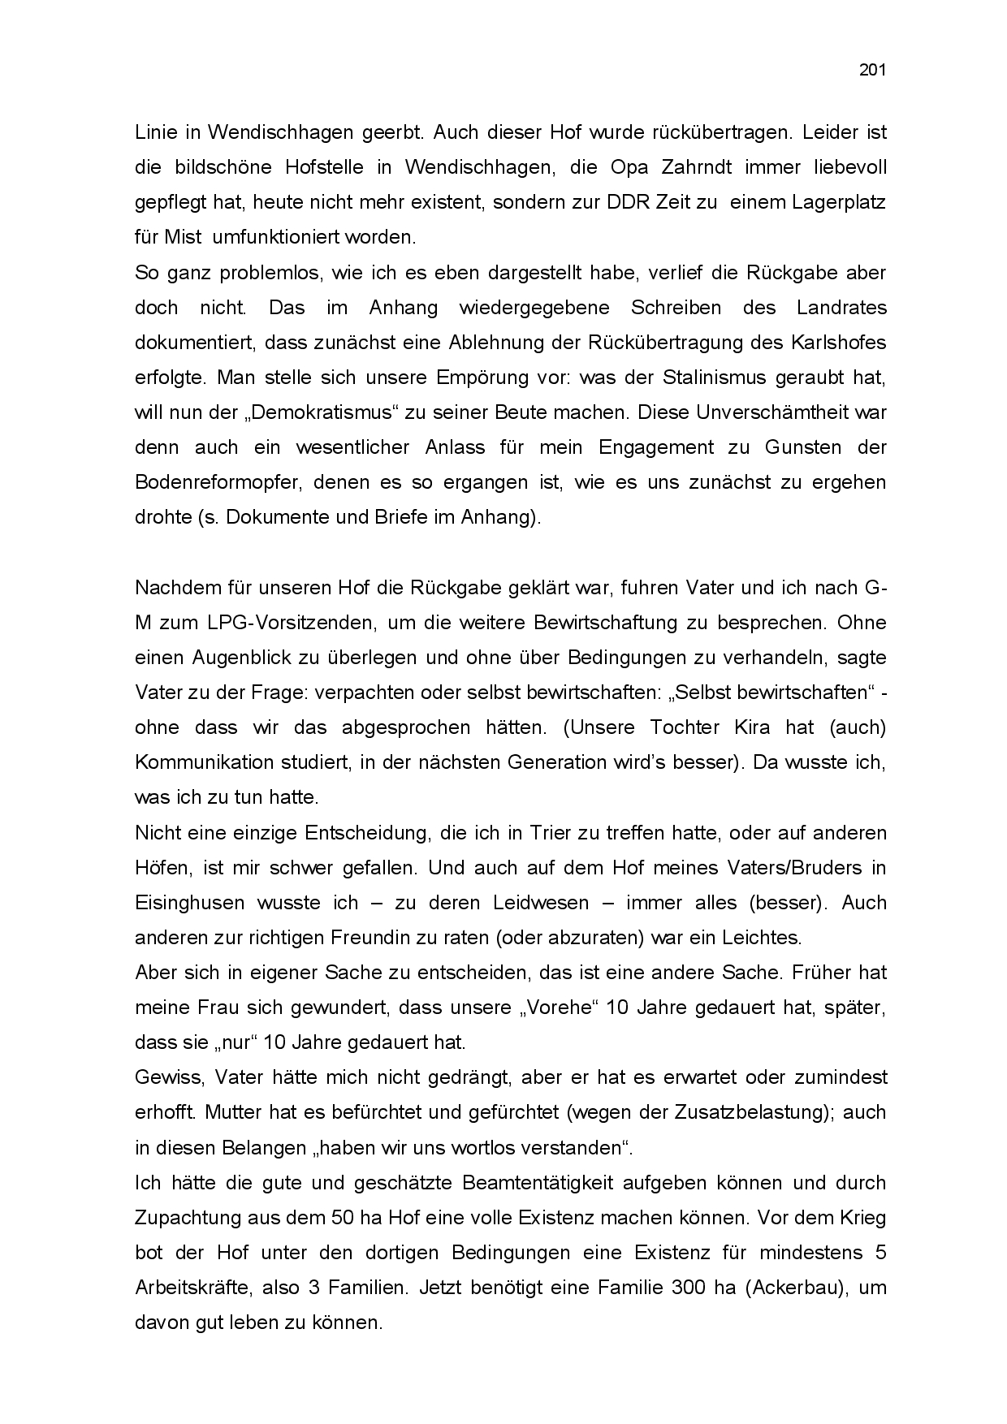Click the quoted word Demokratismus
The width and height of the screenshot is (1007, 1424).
[313, 412]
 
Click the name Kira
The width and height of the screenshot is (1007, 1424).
[751, 727]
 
